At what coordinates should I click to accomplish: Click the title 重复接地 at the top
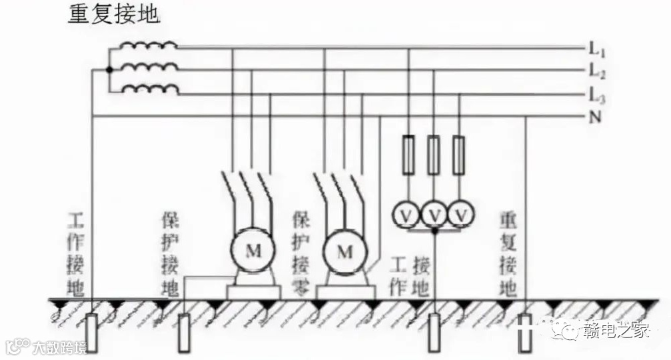pyautogui.click(x=114, y=15)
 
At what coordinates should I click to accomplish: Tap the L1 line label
pyautogui.click(x=595, y=49)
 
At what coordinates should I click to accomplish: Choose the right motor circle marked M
pyautogui.click(x=344, y=251)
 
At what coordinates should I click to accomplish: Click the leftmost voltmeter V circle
pyautogui.click(x=408, y=215)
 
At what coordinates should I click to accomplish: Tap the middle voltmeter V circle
pyautogui.click(x=434, y=215)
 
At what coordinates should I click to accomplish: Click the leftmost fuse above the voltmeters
pyautogui.click(x=408, y=155)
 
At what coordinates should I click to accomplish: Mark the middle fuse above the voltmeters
pyautogui.click(x=434, y=155)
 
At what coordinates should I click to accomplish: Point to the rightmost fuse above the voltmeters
pyautogui.click(x=459, y=155)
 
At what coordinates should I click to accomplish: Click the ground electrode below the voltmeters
pyautogui.click(x=434, y=332)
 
